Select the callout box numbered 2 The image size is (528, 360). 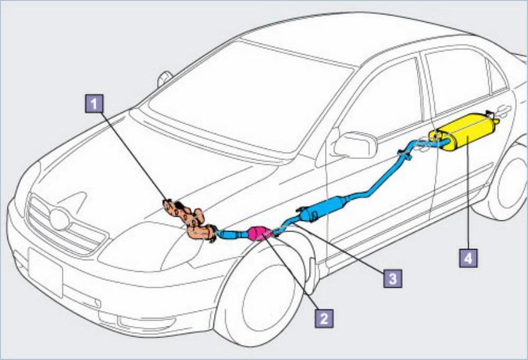pos(321,318)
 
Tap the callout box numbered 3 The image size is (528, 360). pos(390,277)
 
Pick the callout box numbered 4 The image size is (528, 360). pos(469,257)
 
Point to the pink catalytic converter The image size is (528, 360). pos(257,233)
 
